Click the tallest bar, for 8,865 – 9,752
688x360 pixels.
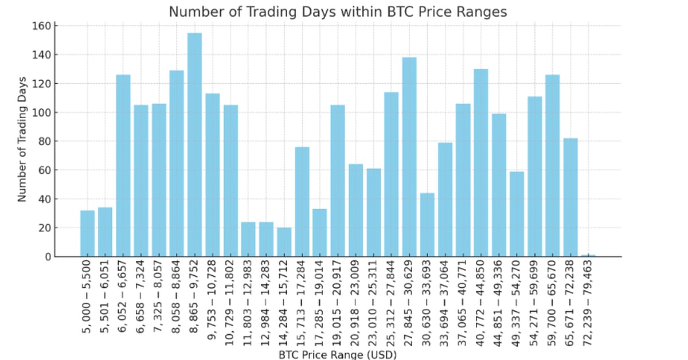point(194,144)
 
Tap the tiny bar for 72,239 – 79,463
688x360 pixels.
point(588,256)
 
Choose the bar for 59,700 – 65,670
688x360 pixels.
point(553,165)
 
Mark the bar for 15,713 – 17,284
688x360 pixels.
point(302,202)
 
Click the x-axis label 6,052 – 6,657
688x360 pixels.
point(123,303)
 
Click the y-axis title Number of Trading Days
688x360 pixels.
point(22,139)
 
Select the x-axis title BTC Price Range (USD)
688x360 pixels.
point(338,355)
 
